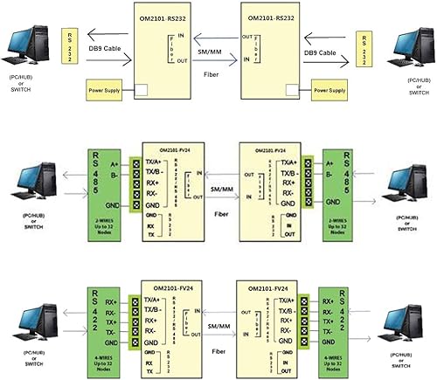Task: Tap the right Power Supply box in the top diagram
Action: pyautogui.click(x=331, y=89)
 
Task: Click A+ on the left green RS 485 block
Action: pyautogui.click(x=114, y=162)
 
